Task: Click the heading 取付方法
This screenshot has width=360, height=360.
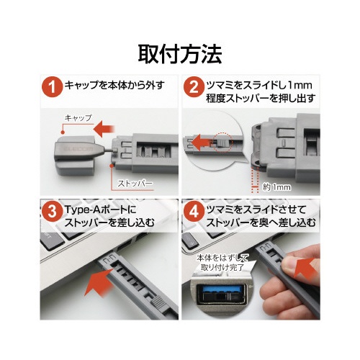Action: tap(180, 55)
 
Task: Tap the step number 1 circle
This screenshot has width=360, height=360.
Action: tap(52, 87)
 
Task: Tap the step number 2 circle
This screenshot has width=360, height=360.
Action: tap(194, 87)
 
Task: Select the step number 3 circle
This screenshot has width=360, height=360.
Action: tap(52, 212)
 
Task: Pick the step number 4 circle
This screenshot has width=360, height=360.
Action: tap(194, 212)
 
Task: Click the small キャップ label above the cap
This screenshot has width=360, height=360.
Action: tap(78, 118)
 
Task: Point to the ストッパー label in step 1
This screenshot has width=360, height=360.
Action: tap(135, 184)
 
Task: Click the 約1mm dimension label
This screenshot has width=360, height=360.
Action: tap(276, 187)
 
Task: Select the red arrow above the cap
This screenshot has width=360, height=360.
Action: tap(104, 129)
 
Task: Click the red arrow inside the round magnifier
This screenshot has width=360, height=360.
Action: tap(202, 142)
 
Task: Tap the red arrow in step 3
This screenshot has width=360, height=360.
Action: tap(99, 283)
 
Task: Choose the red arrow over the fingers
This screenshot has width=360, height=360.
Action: tap(306, 268)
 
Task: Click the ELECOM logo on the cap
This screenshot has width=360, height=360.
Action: tap(78, 149)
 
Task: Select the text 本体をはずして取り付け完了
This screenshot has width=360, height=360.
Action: tap(222, 263)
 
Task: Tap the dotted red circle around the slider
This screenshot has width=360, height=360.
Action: tap(222, 142)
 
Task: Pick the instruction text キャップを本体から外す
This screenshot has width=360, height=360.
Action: tap(114, 86)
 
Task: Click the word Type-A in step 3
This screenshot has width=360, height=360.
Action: tap(81, 210)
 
